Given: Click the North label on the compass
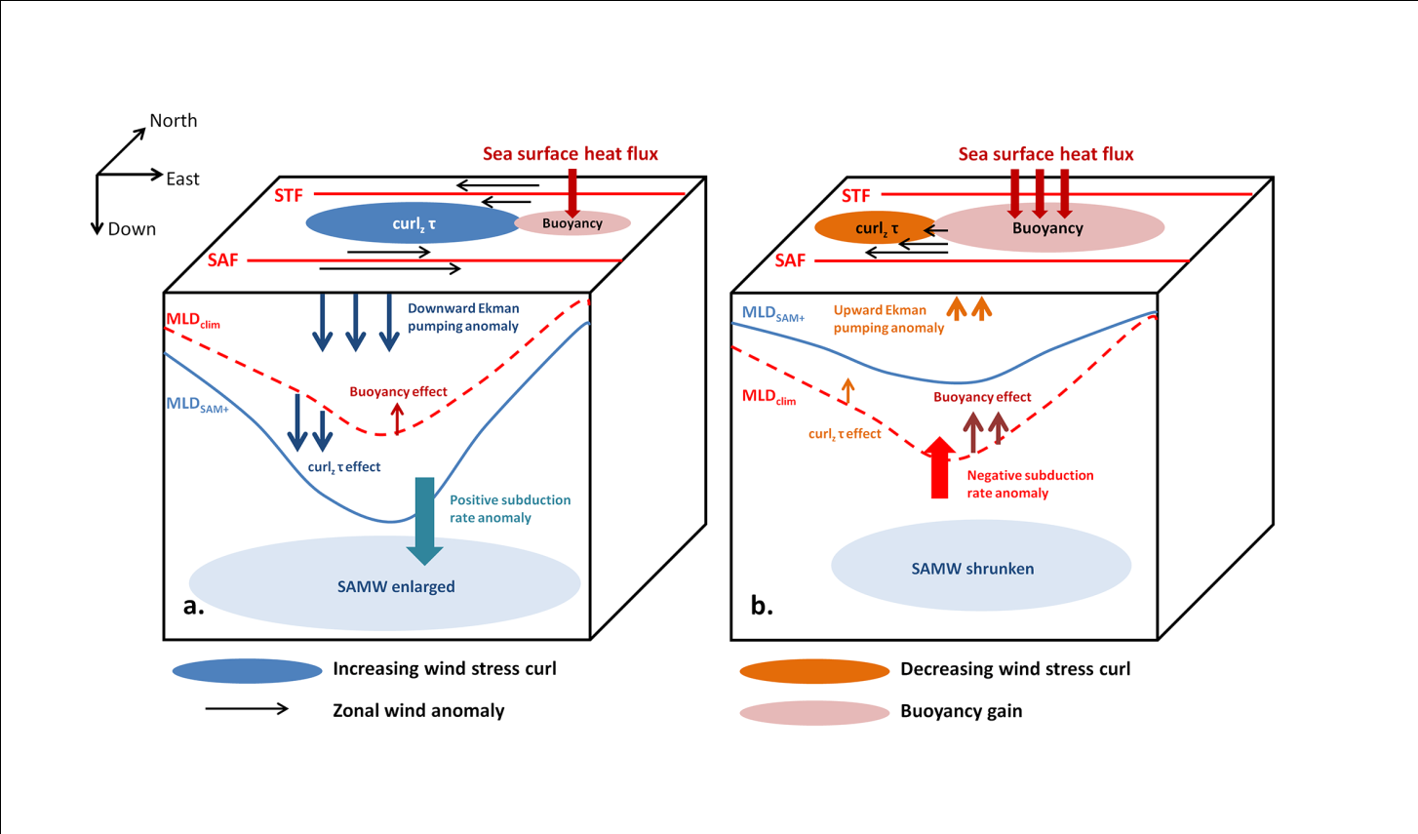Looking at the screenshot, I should [173, 121].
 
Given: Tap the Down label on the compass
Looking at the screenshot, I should [132, 229].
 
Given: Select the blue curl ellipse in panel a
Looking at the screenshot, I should [414, 223].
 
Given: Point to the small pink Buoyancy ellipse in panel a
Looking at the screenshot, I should [572, 223].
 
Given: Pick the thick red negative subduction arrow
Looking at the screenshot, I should [939, 468].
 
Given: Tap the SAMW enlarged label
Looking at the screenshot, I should [396, 587].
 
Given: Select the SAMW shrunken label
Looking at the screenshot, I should [972, 569].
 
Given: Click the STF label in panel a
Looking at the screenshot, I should [288, 196].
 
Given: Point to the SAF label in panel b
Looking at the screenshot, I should [790, 261].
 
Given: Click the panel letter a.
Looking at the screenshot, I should [193, 606].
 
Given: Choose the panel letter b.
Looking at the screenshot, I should [761, 606].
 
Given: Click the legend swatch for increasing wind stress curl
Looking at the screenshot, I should [247, 670].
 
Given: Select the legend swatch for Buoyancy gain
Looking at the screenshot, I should [814, 713].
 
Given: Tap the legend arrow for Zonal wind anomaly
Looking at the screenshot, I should [247, 709].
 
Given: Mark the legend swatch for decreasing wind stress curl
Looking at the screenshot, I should [814, 670].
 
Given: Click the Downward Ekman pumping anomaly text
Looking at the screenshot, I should [463, 317].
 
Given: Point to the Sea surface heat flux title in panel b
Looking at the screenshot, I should [1045, 154].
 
